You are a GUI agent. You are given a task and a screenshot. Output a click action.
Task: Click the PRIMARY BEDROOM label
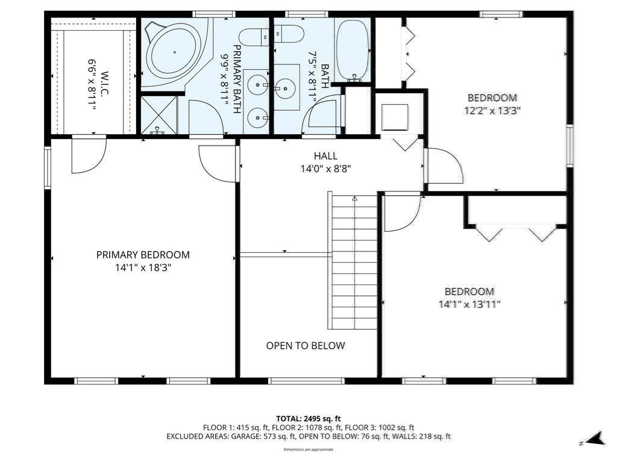click(143, 254)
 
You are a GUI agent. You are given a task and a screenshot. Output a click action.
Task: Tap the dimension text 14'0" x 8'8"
click(326, 169)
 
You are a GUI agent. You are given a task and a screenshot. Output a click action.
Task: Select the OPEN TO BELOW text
click(305, 346)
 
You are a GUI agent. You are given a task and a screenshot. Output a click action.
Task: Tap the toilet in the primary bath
click(254, 37)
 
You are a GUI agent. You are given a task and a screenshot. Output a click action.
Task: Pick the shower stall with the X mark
click(159, 115)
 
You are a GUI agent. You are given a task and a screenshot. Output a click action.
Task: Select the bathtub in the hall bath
click(353, 51)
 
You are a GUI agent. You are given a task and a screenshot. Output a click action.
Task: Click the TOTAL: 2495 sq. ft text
click(308, 419)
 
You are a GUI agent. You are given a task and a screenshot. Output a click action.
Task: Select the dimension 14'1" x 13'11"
click(469, 304)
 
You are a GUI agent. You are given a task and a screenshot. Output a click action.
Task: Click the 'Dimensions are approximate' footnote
click(308, 449)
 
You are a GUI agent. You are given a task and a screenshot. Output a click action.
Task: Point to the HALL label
click(325, 156)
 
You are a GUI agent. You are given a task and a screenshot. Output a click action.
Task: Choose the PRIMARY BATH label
click(237, 79)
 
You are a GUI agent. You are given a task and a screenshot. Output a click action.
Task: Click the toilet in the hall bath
click(289, 34)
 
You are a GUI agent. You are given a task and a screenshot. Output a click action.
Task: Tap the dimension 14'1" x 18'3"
click(143, 268)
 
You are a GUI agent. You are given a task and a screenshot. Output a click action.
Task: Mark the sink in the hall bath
click(285, 87)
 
